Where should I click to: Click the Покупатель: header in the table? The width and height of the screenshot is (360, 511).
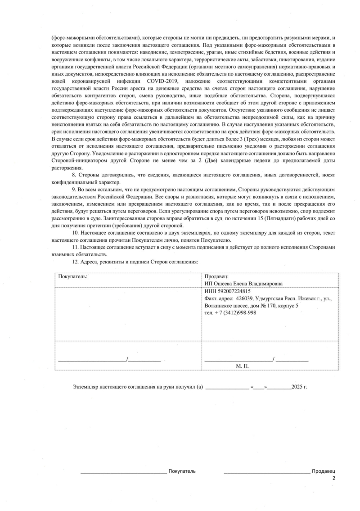(x=72, y=276)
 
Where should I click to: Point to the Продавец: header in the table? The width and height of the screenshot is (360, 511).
(x=217, y=276)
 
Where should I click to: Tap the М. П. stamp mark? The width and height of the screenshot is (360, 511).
(x=242, y=366)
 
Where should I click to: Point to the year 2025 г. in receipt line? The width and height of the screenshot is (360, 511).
(x=299, y=387)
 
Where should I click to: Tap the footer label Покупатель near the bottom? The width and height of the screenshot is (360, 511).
(x=182, y=471)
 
